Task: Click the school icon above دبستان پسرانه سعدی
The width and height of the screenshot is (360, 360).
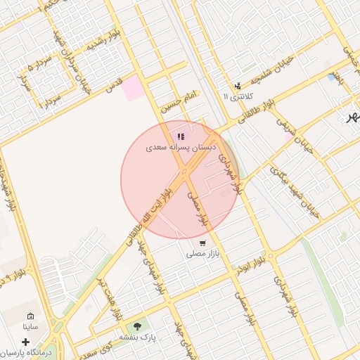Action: pyautogui.click(x=181, y=136)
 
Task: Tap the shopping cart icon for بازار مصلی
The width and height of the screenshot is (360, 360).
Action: pyautogui.click(x=202, y=243)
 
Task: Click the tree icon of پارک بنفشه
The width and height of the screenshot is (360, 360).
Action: pyautogui.click(x=136, y=326)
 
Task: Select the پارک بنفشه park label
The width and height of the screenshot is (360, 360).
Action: pyautogui.click(x=136, y=337)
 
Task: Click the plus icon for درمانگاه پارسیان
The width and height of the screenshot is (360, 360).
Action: pyautogui.click(x=26, y=342)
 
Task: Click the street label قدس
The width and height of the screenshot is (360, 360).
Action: pyautogui.click(x=114, y=86)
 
